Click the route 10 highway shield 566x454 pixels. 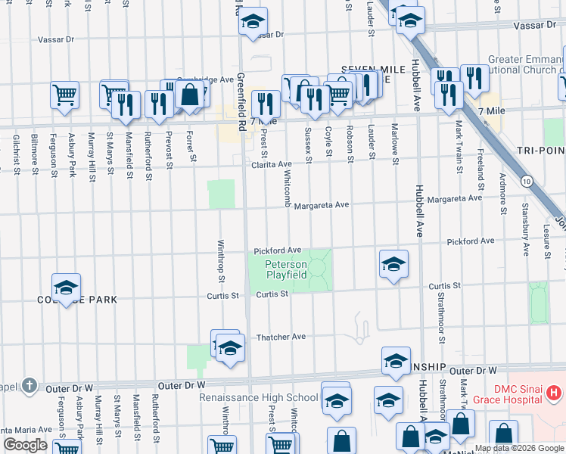tap(526, 181)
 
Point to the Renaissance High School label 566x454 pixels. tap(259, 397)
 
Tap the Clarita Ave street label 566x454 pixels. tap(272, 164)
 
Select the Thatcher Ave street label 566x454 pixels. tap(281, 337)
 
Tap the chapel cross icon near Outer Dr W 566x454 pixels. tap(29, 385)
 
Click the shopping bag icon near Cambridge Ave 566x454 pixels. tap(190, 95)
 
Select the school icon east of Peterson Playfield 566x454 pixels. tap(393, 264)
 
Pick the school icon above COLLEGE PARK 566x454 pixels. tap(66, 288)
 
